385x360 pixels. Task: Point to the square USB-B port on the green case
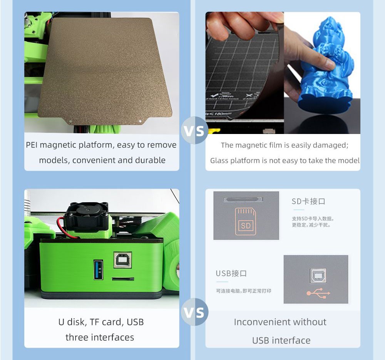coord(122,260)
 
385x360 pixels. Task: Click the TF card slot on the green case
coord(122,278)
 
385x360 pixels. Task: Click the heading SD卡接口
coord(308,201)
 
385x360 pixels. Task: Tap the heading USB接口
coord(231,273)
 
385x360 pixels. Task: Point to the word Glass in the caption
coord(219,161)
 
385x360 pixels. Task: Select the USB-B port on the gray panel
coord(318,275)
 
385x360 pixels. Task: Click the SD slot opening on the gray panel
coord(243,200)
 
